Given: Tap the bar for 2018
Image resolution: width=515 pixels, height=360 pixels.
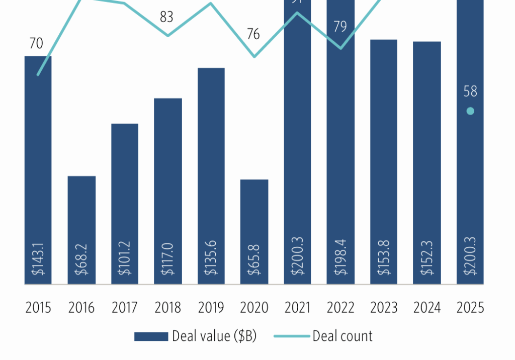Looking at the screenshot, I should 168,191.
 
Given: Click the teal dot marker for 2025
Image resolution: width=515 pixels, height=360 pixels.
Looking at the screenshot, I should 470,111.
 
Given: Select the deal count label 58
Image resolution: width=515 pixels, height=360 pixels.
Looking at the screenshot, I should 470,92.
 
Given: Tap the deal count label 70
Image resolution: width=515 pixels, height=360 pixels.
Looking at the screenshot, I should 36,44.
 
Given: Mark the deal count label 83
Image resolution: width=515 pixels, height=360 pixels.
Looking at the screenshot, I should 166,17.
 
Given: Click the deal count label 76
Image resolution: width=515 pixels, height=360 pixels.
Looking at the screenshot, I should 253,34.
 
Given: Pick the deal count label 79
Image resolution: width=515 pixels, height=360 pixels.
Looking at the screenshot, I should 340,26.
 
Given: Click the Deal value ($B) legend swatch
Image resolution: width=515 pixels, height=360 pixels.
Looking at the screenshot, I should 151,336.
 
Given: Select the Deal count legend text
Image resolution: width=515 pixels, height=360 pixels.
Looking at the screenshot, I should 342,336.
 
